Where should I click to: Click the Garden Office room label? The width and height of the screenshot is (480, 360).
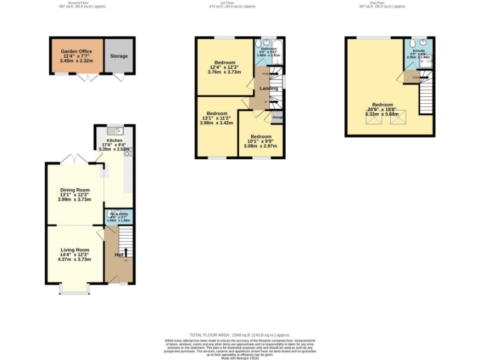pos(76,51)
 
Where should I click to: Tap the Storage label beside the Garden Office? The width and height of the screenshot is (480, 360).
pos(119,56)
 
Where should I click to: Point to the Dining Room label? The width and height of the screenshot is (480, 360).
pos(75,190)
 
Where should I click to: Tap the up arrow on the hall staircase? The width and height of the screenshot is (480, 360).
pos(125,252)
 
